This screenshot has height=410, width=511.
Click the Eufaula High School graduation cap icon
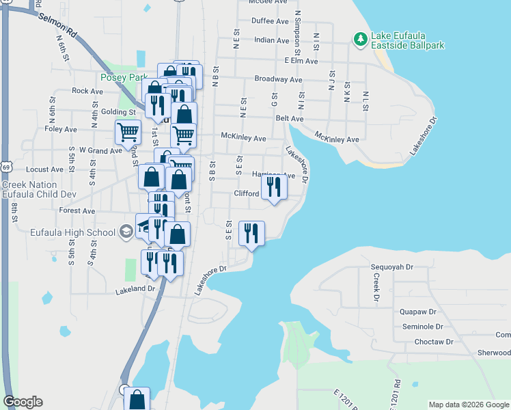[126, 232]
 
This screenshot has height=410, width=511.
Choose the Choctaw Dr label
[428, 341]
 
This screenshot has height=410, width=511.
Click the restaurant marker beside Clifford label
[274, 187]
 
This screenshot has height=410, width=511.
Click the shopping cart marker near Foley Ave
[128, 131]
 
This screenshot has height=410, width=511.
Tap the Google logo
[23, 402]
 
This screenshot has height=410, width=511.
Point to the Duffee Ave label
[270, 21]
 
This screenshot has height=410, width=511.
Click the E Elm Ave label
[301, 61]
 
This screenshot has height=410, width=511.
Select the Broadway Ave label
[278, 79]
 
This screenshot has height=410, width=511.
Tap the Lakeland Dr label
[137, 288]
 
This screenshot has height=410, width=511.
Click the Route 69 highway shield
[6, 167]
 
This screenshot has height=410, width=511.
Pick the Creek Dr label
[376, 288]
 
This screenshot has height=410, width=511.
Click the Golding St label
[118, 112]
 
